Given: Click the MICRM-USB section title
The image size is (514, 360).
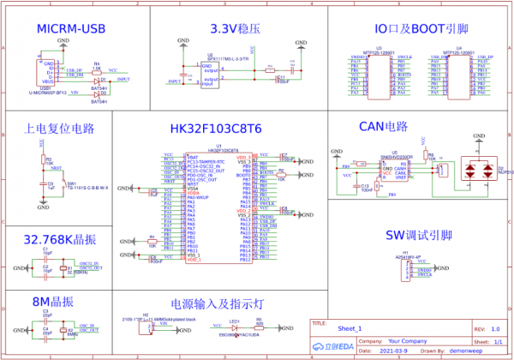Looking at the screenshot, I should tap(71, 30).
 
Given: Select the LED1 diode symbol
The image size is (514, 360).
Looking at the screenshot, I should tap(234, 327).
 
